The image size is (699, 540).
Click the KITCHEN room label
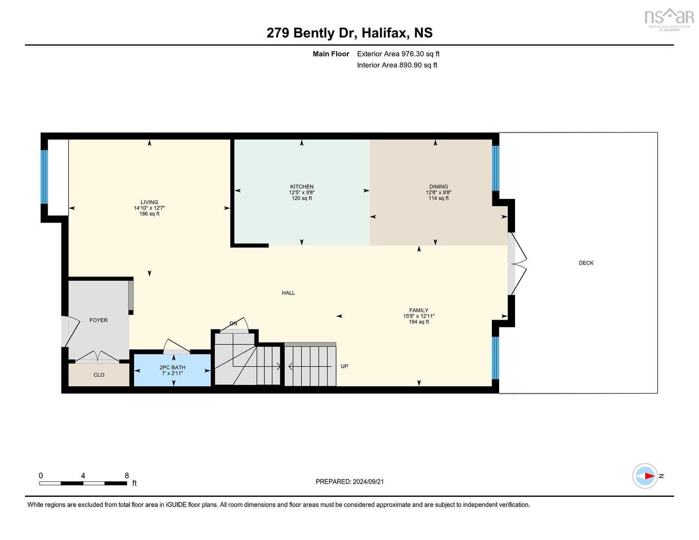point(302,187)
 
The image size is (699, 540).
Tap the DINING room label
point(438,187)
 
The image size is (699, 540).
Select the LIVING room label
point(150,202)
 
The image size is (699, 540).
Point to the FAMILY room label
point(419,310)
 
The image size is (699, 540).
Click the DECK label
point(586,263)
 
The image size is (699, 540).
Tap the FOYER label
point(99,320)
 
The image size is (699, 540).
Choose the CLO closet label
point(99,375)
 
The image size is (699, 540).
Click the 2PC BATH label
point(172,367)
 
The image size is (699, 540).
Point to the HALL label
point(288,293)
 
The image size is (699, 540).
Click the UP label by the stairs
point(344,366)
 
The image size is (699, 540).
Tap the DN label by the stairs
point(233,324)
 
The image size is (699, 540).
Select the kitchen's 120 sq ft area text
point(302,198)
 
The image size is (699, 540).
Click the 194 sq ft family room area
point(419,322)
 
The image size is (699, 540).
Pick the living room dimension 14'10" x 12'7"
point(150,208)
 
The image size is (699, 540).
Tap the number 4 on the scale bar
point(83,476)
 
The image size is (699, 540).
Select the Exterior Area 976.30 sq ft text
point(398,54)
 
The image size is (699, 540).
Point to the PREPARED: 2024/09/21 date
point(350,482)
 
